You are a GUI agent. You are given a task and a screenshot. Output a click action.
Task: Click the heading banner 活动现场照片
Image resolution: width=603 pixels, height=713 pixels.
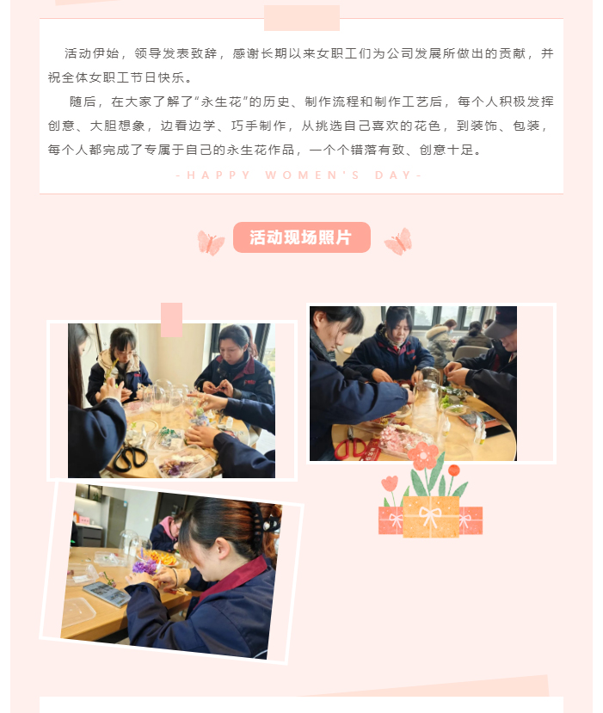301,237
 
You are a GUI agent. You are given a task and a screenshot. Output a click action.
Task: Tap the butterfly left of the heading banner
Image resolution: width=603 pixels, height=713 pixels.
211,243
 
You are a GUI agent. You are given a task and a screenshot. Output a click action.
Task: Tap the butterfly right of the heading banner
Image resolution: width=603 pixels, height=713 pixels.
398,241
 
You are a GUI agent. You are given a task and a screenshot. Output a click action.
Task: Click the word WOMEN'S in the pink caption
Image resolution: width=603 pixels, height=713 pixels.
312,175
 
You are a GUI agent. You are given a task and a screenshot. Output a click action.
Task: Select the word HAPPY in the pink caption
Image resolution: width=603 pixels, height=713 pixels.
218,175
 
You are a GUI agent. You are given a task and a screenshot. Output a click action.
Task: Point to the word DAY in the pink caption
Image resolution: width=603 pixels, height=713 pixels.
393,175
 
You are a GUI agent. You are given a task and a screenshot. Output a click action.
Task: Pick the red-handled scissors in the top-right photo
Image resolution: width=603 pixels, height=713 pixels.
352,448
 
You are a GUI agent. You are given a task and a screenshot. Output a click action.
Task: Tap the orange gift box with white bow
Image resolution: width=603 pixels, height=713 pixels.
431,517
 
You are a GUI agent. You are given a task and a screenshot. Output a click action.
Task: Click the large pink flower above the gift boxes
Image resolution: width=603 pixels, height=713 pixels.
422,455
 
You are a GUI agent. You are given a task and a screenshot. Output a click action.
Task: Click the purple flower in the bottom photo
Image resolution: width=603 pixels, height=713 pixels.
145,566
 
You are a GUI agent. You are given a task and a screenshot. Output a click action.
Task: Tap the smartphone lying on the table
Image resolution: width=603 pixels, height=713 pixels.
107,593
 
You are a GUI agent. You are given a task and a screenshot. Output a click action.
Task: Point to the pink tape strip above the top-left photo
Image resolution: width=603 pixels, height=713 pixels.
171,320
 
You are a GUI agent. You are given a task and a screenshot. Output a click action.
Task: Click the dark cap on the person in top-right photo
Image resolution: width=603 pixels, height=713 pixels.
501,322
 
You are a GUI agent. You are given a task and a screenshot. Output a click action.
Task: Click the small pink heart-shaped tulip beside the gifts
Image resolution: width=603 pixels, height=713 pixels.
390,483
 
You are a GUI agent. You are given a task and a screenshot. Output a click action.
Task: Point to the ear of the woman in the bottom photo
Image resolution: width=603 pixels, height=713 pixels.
222,549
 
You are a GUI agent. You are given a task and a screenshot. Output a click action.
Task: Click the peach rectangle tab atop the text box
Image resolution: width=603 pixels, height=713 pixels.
302,18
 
